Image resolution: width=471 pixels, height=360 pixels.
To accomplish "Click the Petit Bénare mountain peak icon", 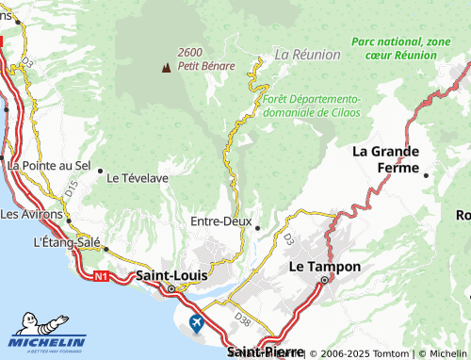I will pos(167,67).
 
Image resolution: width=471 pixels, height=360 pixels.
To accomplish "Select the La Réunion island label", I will pos(307,55).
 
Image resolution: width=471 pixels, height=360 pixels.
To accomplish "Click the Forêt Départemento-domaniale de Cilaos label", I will pos(312,105).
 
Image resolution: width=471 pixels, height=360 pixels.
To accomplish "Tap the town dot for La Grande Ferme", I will pos(426,175).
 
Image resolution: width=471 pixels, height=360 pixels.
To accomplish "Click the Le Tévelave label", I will pos(138,176).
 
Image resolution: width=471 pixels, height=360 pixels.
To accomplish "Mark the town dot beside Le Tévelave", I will pos(101,171).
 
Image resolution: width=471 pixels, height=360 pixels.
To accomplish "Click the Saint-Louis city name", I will pos(172,275).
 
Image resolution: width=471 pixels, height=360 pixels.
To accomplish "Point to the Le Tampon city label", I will pos(324,267).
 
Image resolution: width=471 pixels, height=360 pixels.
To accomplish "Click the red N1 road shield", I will pos(101,276).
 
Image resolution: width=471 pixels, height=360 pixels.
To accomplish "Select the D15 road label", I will pos(72,189).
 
